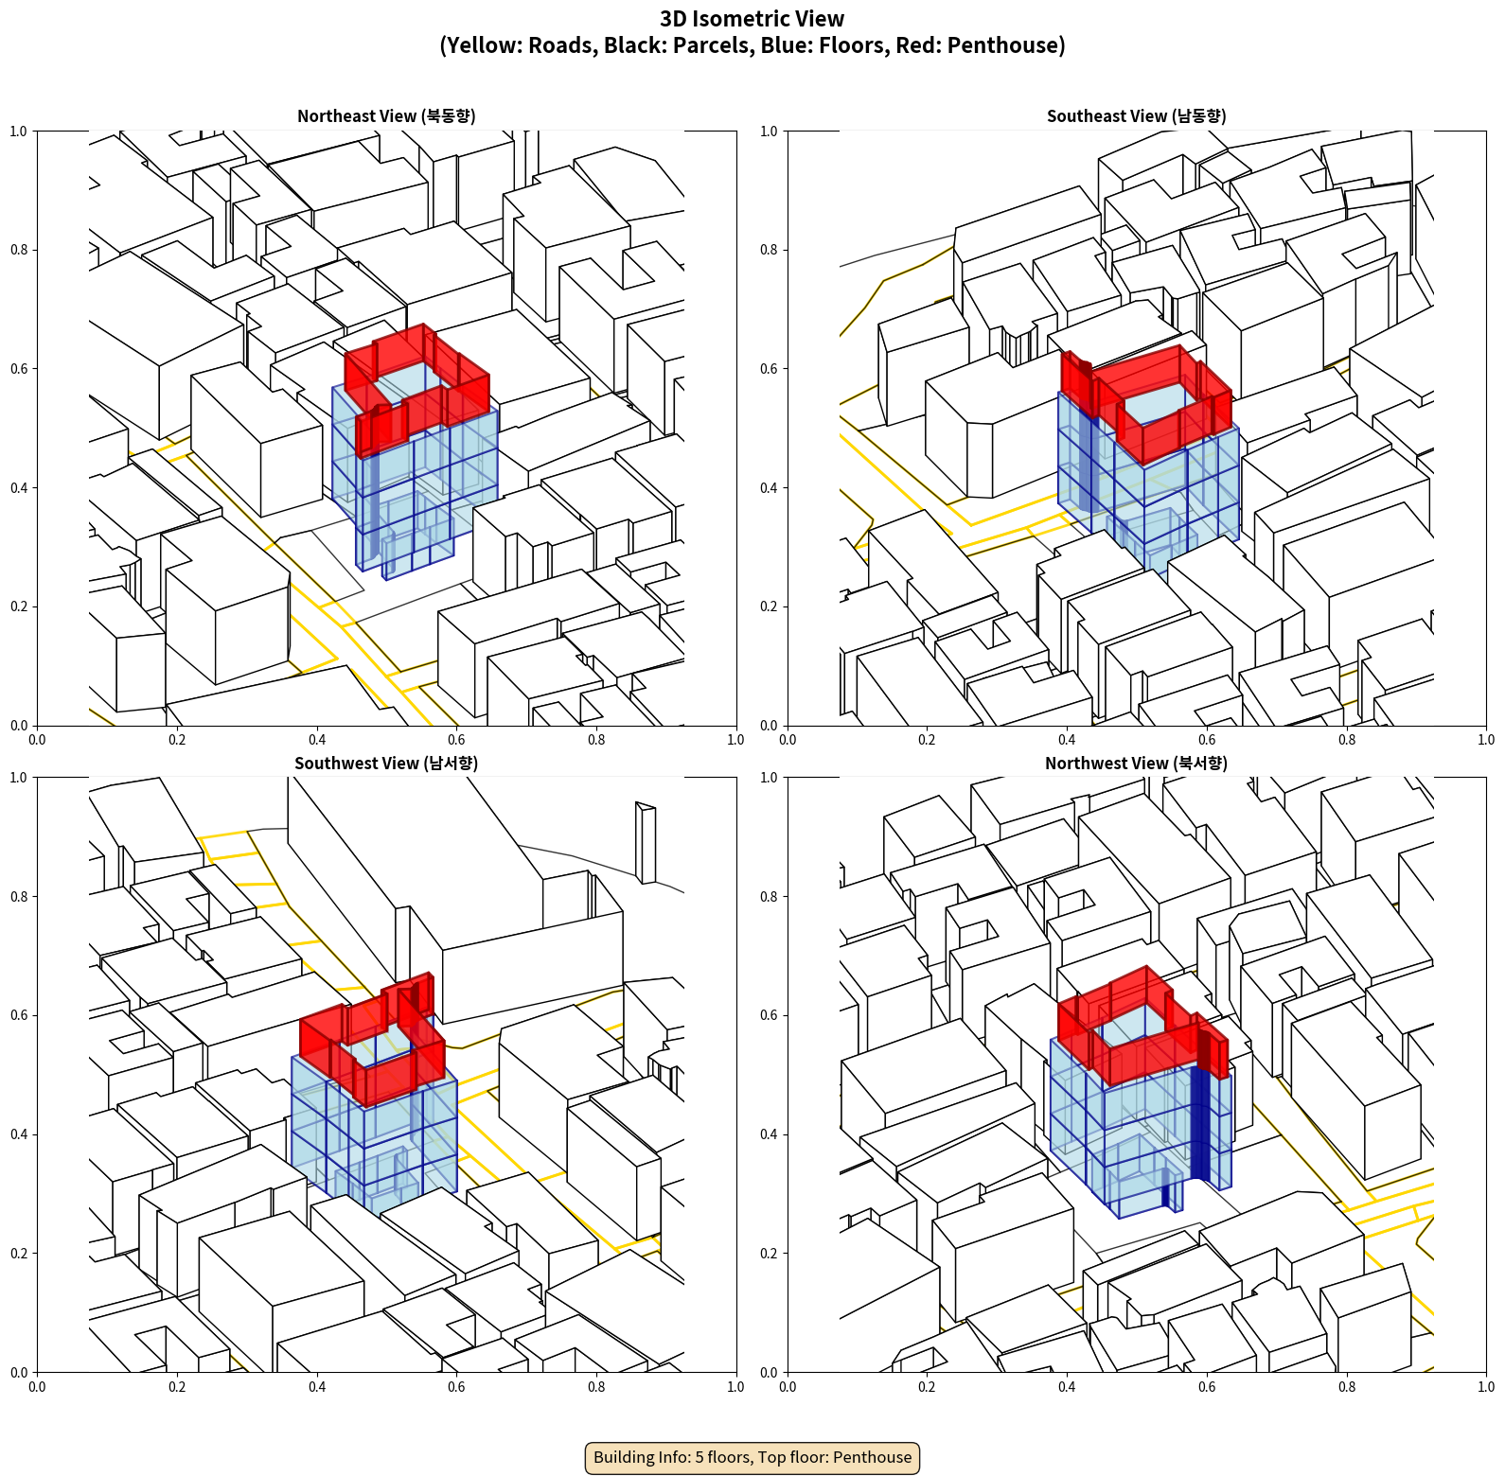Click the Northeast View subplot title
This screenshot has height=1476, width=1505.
[386, 116]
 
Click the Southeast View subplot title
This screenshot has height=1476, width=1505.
[1136, 116]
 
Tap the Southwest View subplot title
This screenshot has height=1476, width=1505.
[386, 764]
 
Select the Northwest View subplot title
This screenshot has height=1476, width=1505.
[1136, 764]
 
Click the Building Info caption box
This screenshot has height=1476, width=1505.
[752, 1457]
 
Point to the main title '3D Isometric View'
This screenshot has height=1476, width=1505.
[752, 19]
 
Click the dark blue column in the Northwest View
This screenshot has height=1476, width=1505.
[1200, 1122]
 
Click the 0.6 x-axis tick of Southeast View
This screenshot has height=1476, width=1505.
[1207, 740]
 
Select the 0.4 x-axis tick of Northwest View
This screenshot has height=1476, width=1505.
[1067, 1387]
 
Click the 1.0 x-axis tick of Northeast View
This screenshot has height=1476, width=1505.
[735, 740]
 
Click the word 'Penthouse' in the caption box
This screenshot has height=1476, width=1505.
[873, 1457]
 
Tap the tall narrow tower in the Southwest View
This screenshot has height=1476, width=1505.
[646, 843]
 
